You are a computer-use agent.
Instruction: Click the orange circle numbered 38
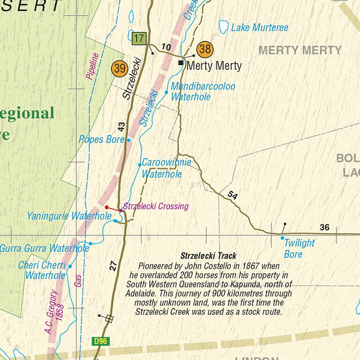(x=205, y=49)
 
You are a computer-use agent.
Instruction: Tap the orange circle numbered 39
(x=120, y=69)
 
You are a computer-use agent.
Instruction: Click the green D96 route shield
(x=100, y=341)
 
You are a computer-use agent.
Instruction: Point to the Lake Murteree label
(x=259, y=28)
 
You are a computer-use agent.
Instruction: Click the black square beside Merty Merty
(x=181, y=62)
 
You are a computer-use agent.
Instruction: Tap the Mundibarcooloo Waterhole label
(x=202, y=92)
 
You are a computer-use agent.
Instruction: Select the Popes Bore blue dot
(x=129, y=140)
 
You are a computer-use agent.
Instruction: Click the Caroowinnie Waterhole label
(x=166, y=168)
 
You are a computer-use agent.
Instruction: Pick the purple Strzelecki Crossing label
(x=156, y=206)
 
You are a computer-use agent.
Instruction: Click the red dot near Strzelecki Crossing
(x=107, y=207)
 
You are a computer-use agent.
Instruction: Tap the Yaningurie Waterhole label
(x=69, y=216)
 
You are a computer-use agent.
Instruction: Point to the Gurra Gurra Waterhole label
(x=43, y=248)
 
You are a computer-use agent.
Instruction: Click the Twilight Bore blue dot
(x=282, y=238)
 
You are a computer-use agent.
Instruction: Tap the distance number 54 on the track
(x=232, y=195)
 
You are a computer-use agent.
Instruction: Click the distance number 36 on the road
(x=324, y=228)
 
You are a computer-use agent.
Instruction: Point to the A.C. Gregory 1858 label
(x=54, y=312)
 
